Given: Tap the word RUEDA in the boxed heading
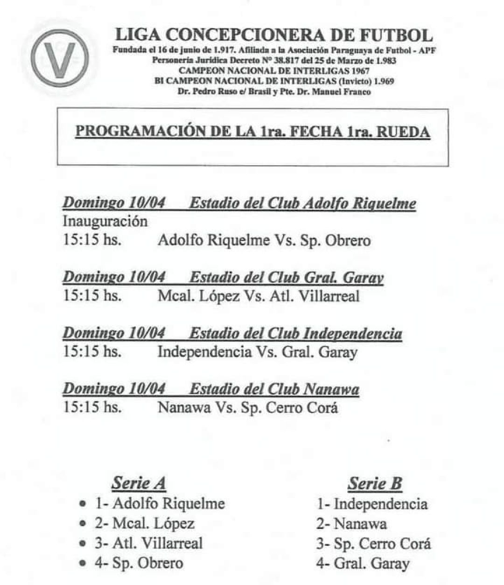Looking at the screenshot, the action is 403,132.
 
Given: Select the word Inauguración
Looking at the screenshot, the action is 105,221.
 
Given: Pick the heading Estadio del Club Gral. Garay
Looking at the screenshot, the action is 286,278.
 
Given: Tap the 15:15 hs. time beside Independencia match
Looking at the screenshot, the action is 92,352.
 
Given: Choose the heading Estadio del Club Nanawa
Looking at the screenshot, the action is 274,389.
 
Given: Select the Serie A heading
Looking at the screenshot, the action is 139,483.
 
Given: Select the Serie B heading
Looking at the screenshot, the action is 374,484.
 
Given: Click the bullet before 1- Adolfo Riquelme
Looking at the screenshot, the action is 83,504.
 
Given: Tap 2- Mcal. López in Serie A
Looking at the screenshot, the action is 145,523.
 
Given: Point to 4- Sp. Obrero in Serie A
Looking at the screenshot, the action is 139,563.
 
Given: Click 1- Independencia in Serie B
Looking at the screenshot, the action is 372,504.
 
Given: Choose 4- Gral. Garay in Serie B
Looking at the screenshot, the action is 363,563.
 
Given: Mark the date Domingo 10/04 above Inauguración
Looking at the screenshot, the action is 114,203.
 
